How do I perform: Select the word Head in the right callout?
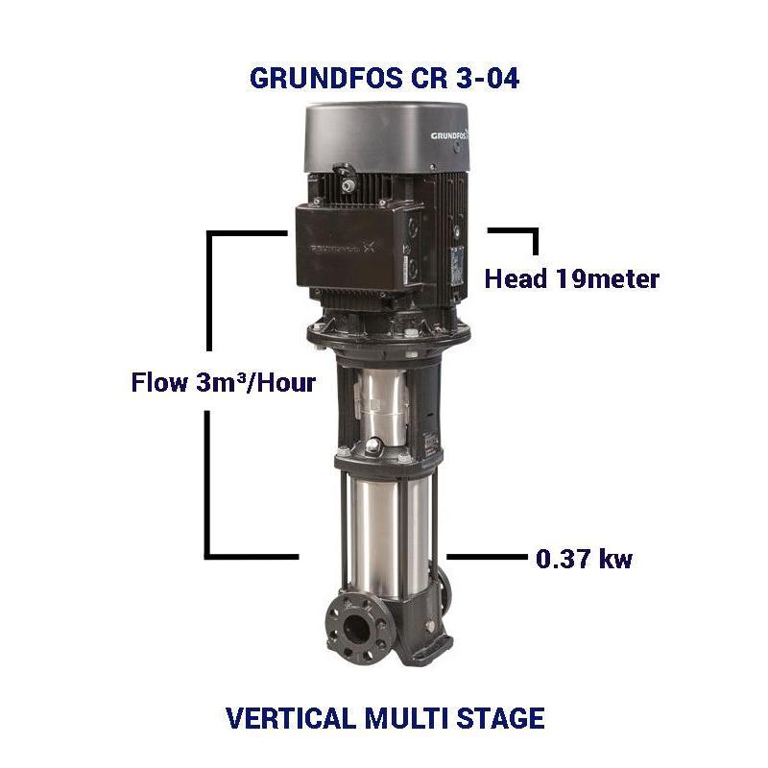pyautogui.click(x=516, y=279)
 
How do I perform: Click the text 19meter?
pyautogui.click(x=607, y=279)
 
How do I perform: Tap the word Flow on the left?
pyautogui.click(x=159, y=383)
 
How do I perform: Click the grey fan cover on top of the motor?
pyautogui.click(x=384, y=134)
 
